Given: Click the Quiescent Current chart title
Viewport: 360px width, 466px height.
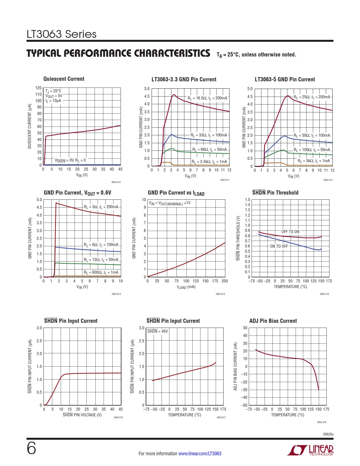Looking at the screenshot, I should point(64,79).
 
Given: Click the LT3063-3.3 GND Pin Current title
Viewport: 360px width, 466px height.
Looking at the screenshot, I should point(184,80).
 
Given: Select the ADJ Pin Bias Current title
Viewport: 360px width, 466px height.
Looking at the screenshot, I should point(273,321).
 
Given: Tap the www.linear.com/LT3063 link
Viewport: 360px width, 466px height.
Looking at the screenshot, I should point(200,454).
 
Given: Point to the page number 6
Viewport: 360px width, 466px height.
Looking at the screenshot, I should point(31,448).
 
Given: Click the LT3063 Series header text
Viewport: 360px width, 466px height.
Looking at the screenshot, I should point(62,34).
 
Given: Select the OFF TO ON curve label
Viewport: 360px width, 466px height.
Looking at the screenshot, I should point(290,232).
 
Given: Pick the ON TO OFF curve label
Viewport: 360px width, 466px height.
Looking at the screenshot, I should point(279,246).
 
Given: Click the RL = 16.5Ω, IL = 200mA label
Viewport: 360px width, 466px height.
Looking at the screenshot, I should point(207,98).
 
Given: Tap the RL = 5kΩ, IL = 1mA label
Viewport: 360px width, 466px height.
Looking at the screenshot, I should point(314,161).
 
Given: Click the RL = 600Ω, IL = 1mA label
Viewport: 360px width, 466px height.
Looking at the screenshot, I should point(101,273).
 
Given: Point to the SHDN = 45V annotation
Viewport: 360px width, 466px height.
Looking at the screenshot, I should point(158,331).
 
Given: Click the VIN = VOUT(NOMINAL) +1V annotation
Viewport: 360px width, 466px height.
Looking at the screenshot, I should point(170,203).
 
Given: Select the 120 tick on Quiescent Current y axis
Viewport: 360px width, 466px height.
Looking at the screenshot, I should point(38,88).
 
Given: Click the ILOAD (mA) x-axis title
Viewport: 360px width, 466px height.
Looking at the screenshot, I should point(186,287).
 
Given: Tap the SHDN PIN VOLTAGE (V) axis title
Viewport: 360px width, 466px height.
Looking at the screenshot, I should point(82,415).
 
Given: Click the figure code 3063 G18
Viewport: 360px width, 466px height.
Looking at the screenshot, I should point(322,422).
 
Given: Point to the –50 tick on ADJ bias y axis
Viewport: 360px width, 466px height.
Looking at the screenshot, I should point(244,405).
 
